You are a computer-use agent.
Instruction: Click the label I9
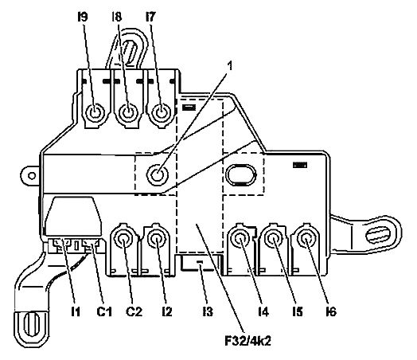point(83,18)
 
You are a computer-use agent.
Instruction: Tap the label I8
point(116,18)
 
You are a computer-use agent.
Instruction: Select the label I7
point(150,18)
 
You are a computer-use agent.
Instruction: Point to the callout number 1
point(230,66)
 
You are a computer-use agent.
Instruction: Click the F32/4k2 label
point(247,341)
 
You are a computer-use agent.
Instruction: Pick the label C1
point(104,311)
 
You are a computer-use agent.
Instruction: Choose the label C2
point(134,311)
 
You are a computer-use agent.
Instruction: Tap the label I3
point(208,311)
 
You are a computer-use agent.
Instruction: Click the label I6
point(331,311)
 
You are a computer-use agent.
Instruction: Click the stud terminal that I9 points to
point(95,113)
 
